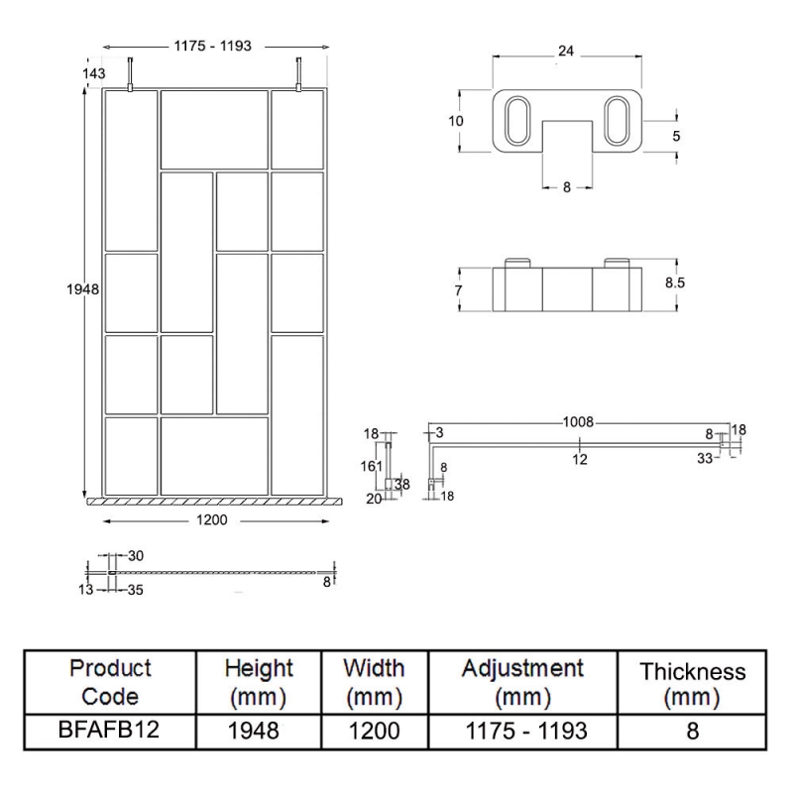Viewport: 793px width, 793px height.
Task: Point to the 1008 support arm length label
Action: click(x=579, y=422)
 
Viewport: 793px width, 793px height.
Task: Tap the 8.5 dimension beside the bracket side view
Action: click(x=675, y=283)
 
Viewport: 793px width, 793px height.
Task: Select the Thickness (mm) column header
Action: click(x=692, y=685)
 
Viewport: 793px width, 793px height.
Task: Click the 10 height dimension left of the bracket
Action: click(x=456, y=121)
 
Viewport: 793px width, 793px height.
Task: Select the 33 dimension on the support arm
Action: click(x=705, y=458)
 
